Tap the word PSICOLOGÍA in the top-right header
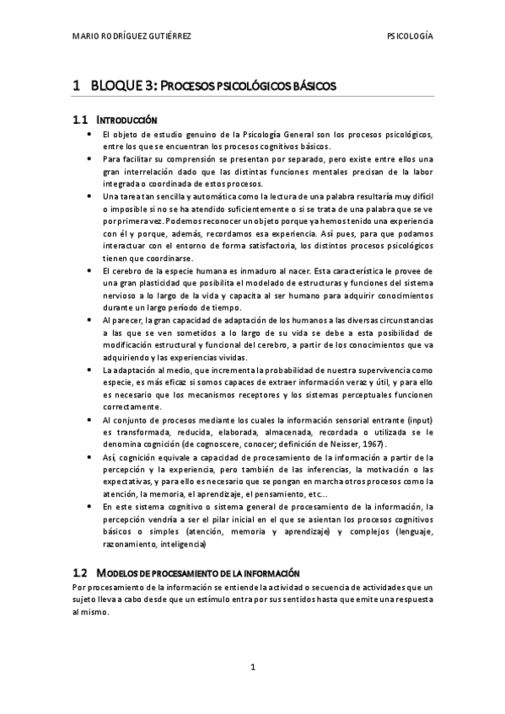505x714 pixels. [409, 37]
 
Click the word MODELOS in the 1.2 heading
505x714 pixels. [118, 573]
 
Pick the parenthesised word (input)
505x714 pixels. [415, 420]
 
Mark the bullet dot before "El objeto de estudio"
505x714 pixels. [89, 135]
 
